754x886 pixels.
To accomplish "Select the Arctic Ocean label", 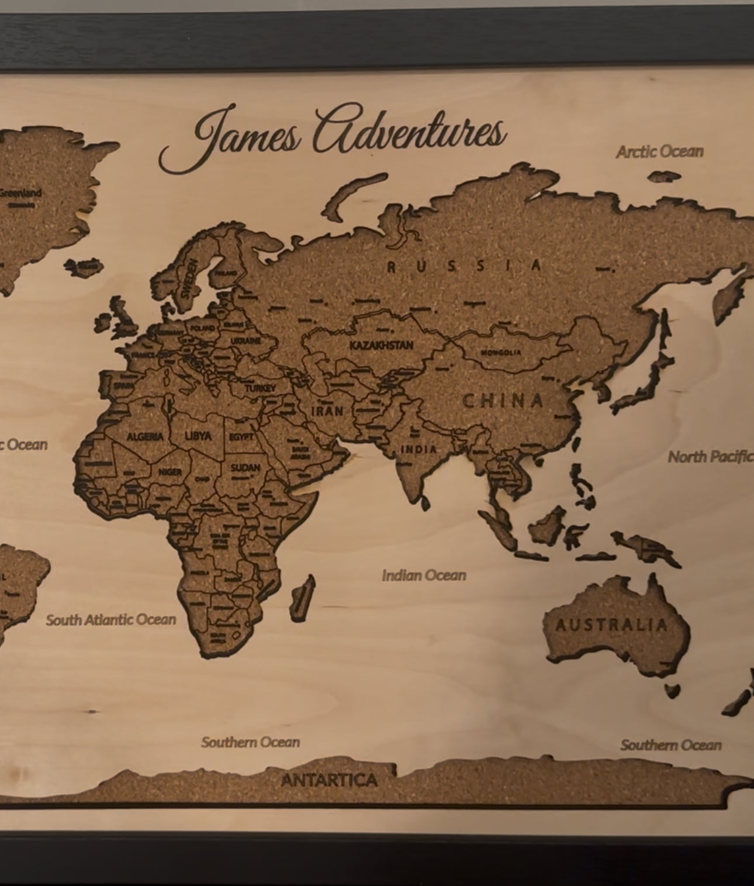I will [x=659, y=152].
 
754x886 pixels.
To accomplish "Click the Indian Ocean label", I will [x=424, y=575].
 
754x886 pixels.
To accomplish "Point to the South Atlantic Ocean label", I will [x=111, y=620].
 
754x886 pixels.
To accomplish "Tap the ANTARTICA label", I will [x=330, y=780].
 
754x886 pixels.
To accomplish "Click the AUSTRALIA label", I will [x=611, y=625].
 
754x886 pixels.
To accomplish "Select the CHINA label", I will [x=503, y=401].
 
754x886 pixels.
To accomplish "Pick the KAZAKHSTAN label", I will [x=381, y=345].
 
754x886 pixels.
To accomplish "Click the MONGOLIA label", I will [x=501, y=353].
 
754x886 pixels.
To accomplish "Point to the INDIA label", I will [x=418, y=449].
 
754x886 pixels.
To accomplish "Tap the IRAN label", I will [x=327, y=411].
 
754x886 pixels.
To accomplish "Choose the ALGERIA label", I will [x=145, y=437].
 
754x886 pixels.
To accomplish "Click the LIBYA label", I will [x=198, y=436].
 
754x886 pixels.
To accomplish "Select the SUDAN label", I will [x=245, y=468].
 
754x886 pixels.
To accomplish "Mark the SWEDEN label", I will [x=190, y=279].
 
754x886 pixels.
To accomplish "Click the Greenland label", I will [x=21, y=193].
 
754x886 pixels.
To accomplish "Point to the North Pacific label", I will [x=710, y=457].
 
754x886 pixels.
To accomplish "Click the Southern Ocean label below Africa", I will [x=250, y=742].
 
